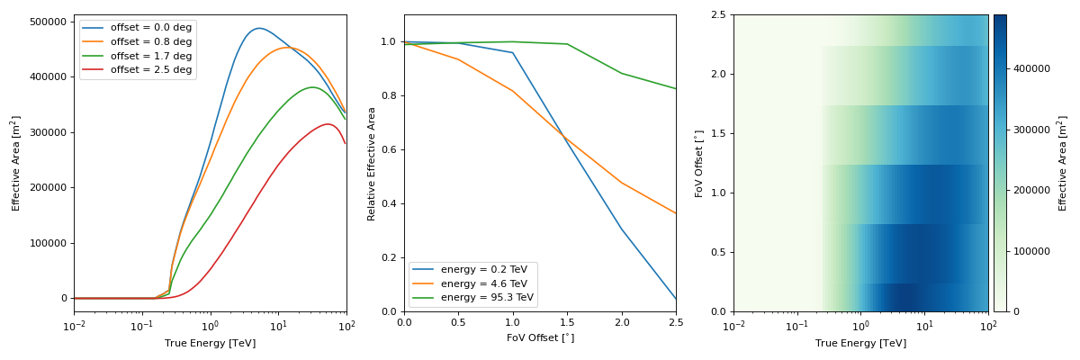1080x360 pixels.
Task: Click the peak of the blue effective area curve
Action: tap(258, 28)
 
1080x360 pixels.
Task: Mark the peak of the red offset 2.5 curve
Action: tap(328, 124)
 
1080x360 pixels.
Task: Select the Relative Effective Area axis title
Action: tap(372, 163)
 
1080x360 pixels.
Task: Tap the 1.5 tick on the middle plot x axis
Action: tap(567, 322)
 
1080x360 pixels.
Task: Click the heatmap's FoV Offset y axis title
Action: tap(699, 163)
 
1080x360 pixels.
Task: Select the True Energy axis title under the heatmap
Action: tap(861, 343)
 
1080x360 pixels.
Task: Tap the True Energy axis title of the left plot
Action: tap(210, 343)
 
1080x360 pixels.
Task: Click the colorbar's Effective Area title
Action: tap(1063, 163)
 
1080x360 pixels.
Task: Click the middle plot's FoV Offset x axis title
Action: tap(540, 337)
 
